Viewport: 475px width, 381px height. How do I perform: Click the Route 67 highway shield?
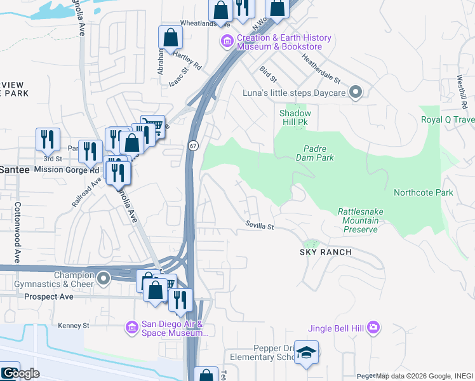click(192, 145)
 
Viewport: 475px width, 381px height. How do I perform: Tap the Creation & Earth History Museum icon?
click(227, 42)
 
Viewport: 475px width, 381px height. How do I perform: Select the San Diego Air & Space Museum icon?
click(131, 327)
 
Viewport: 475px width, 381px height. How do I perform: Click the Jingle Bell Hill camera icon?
click(373, 328)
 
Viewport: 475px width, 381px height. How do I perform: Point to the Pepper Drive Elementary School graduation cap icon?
click(307, 353)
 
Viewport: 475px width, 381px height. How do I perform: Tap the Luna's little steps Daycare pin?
click(356, 93)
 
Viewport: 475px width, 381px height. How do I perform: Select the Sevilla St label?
click(260, 225)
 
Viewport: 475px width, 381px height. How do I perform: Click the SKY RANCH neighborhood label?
click(326, 252)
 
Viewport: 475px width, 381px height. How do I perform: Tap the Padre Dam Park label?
click(316, 152)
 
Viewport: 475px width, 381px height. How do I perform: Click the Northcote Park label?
click(423, 192)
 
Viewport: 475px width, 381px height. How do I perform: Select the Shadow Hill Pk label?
click(295, 117)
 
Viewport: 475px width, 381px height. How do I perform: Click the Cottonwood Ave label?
click(18, 222)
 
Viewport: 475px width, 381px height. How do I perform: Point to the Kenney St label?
click(72, 325)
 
